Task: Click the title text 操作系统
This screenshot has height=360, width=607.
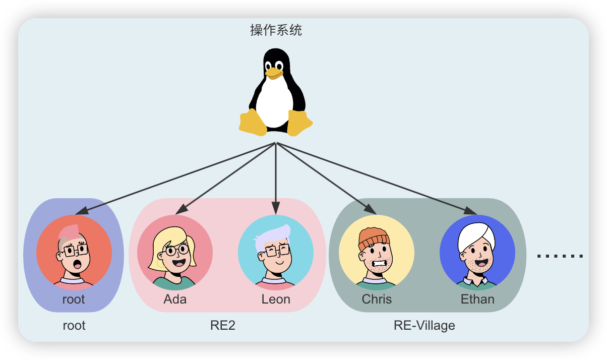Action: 276,30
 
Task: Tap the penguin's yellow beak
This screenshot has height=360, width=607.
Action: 274,73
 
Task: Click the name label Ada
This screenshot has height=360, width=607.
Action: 175,299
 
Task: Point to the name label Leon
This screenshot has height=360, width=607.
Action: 276,299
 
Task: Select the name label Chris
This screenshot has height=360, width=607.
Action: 377,299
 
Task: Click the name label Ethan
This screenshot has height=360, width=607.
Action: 477,299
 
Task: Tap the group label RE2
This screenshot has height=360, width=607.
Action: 223,325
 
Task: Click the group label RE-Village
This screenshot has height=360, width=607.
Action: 424,325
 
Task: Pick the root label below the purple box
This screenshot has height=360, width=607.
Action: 74,325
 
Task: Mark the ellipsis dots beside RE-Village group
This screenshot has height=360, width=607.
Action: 560,256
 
